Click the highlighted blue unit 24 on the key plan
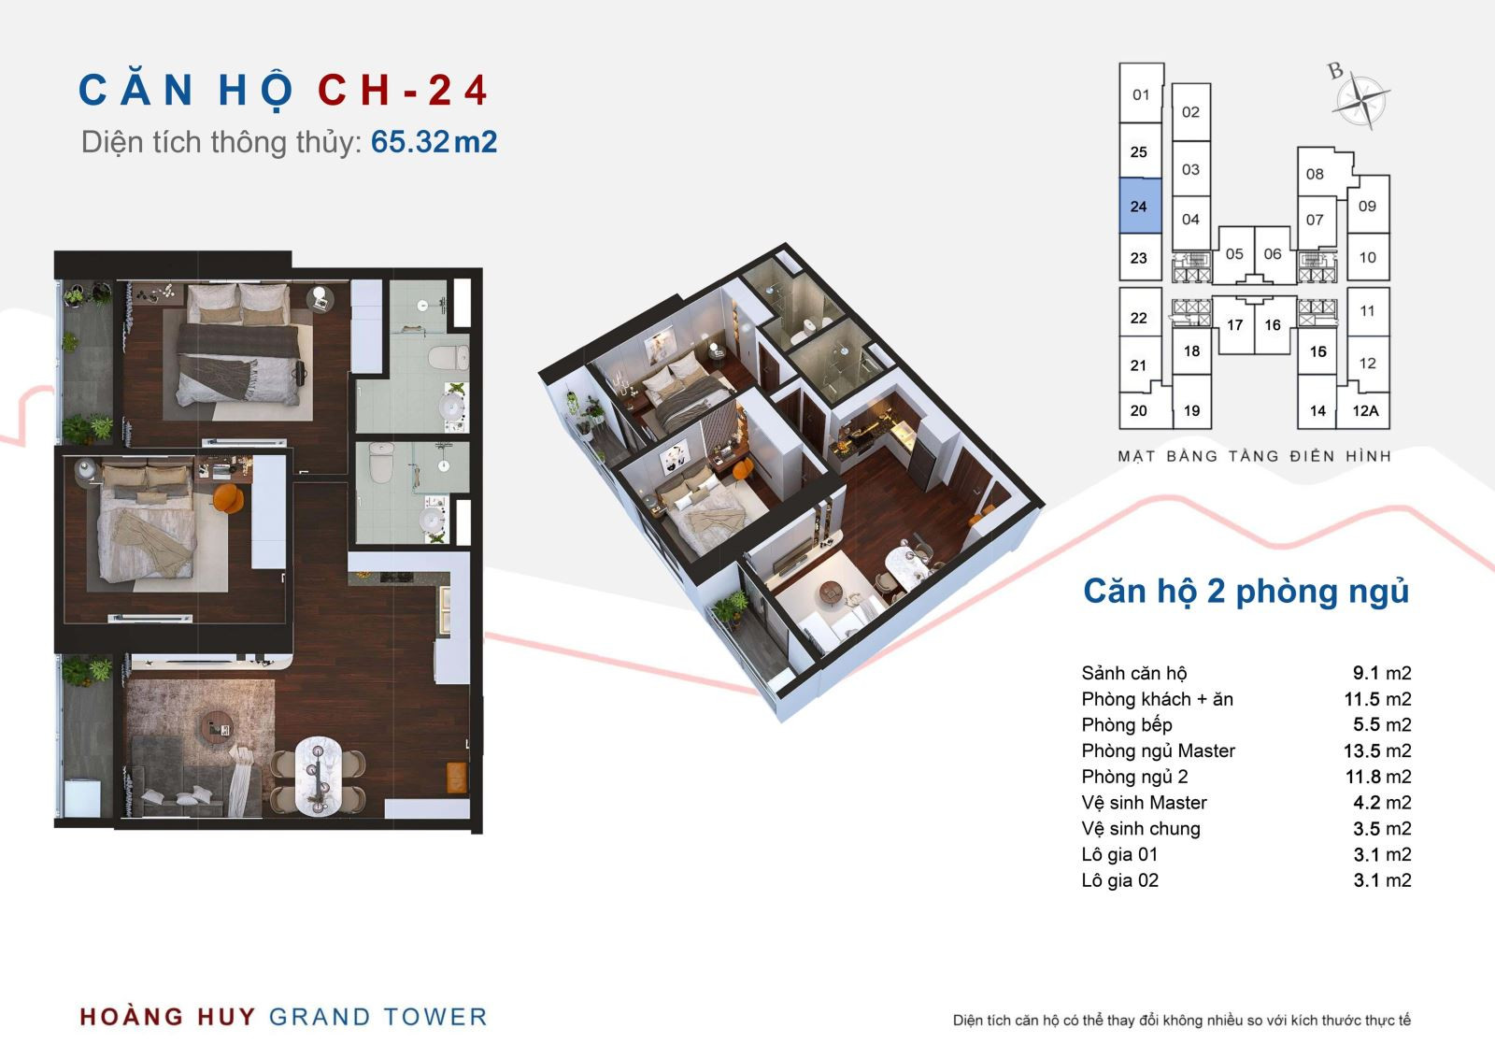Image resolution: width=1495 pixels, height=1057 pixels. point(1140,207)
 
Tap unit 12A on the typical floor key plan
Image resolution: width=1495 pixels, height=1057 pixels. point(1365,410)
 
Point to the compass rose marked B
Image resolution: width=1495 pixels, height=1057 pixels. point(1360,100)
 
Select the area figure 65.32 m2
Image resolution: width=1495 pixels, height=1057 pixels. point(434,141)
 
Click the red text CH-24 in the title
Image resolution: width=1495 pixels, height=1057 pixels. point(403,90)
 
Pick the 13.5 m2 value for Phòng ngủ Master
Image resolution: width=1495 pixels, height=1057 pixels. point(1377,750)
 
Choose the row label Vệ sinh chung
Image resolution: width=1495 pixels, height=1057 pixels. point(1141,828)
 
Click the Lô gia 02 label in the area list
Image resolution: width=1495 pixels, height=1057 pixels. point(1120,880)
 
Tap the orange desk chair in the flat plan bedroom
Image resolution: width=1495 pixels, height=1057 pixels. point(228,498)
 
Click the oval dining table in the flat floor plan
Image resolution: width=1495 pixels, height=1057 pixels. point(319,775)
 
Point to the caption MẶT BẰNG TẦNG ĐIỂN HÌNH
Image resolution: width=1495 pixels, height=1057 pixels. point(1254,456)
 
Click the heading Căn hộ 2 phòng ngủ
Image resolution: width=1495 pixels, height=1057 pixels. point(1246,592)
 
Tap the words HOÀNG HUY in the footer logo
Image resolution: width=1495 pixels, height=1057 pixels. point(167,1016)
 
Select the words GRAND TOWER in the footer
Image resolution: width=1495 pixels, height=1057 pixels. point(377,1016)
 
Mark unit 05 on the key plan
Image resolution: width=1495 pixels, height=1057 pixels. point(1234,253)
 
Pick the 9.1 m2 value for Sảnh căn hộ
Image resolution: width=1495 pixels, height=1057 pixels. point(1382,672)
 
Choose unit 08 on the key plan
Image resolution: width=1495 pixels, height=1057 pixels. point(1315,174)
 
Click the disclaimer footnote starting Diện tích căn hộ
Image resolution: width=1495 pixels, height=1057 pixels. point(1181,1021)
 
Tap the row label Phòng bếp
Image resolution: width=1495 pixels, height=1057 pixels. point(1127,724)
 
